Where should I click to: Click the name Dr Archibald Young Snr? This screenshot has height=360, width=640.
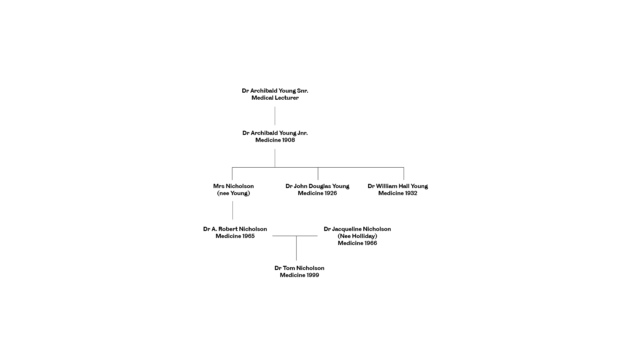click(x=275, y=91)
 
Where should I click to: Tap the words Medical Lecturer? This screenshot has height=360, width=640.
click(x=275, y=98)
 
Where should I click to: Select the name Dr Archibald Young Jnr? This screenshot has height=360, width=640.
click(x=275, y=133)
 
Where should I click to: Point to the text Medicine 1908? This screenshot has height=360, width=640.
click(x=275, y=140)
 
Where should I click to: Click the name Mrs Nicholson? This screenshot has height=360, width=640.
click(x=233, y=186)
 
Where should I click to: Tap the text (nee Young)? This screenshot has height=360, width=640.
click(x=233, y=193)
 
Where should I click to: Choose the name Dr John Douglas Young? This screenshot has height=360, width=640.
click(x=317, y=186)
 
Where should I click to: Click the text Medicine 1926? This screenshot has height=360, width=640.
click(x=317, y=193)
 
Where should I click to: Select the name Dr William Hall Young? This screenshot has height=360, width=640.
click(x=398, y=186)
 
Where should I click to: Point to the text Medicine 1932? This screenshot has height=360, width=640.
click(x=398, y=193)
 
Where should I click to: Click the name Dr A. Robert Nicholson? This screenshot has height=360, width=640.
click(x=235, y=229)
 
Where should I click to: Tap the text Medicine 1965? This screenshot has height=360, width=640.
click(x=235, y=236)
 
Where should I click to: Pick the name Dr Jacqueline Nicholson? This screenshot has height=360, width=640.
click(x=357, y=229)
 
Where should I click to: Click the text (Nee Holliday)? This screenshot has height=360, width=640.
click(x=357, y=236)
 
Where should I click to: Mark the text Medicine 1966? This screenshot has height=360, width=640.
click(x=357, y=243)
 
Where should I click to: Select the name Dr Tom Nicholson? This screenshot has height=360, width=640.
click(x=299, y=268)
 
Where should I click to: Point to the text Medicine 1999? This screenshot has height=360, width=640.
click(x=299, y=275)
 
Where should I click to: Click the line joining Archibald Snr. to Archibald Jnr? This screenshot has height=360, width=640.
click(x=275, y=116)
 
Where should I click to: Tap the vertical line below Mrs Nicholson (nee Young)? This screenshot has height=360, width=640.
click(x=233, y=210)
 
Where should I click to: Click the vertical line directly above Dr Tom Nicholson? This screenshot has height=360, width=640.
click(x=296, y=248)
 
